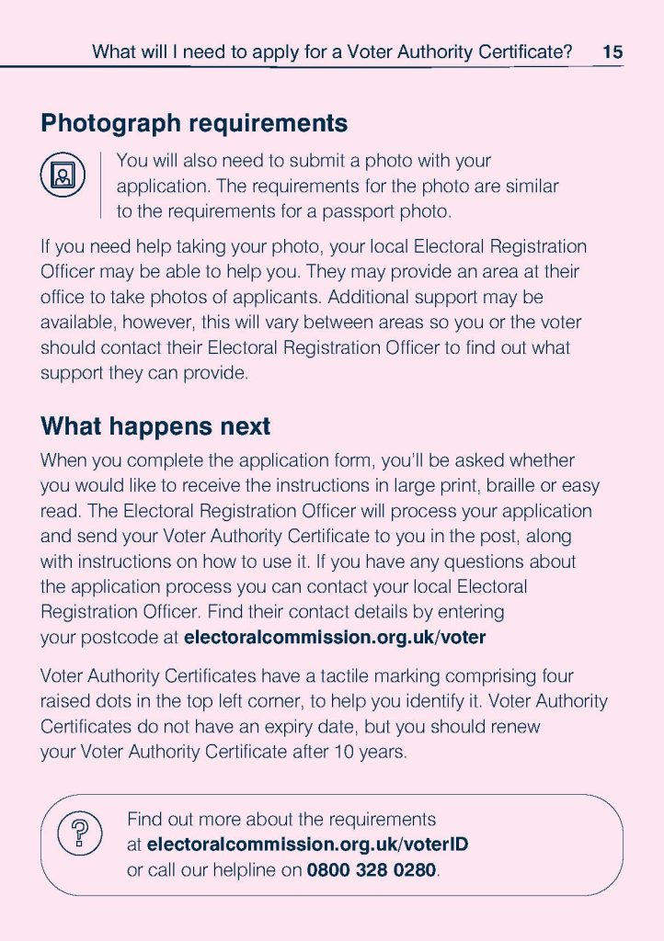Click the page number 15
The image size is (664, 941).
click(x=612, y=52)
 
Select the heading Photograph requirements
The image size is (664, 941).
click(x=194, y=123)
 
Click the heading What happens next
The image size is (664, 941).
click(x=155, y=426)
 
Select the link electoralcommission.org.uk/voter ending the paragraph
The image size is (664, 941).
click(x=335, y=636)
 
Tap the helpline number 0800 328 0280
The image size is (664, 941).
click(x=372, y=869)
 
